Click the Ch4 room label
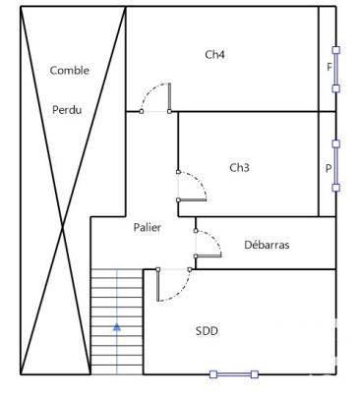click(214, 55)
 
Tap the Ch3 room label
click(239, 168)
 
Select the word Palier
click(148, 227)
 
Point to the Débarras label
click(268, 245)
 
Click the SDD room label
click(207, 331)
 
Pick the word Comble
click(69, 71)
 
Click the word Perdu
click(68, 109)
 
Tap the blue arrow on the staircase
click(117, 326)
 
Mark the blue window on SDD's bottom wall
click(234, 373)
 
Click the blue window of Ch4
click(336, 68)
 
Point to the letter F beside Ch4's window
click(329, 68)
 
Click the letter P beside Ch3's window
click(329, 168)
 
